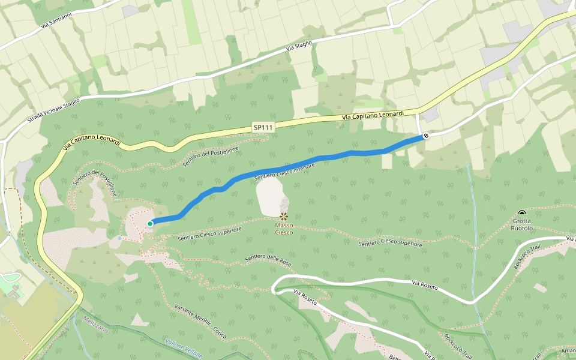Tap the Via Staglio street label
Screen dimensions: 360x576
pos(299,44)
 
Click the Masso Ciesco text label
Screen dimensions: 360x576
pos(284,229)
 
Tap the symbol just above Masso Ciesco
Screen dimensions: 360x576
pos(284,216)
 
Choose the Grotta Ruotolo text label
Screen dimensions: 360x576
pos(521,224)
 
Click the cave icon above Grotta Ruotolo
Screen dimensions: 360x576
pos(521,213)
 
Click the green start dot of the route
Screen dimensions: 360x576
pos(149,224)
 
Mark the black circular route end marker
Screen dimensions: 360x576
pos(425,136)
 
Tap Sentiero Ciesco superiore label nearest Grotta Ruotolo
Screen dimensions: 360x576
pos(391,244)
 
